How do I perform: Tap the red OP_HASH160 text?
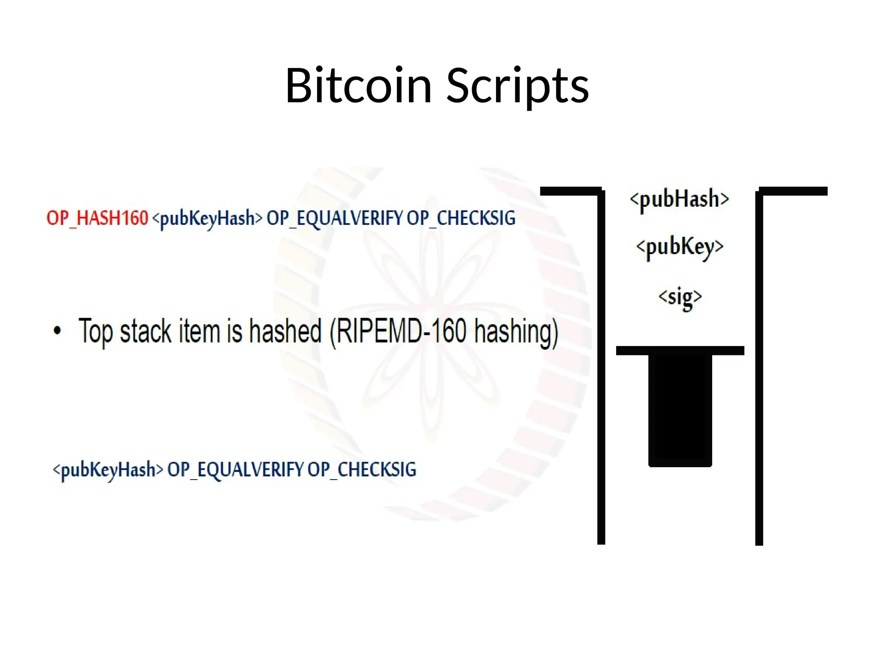(x=97, y=218)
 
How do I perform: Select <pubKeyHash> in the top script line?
(x=207, y=219)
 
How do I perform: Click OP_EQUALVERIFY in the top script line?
(x=335, y=218)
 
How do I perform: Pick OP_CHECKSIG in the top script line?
(x=461, y=218)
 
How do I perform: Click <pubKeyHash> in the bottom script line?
(x=108, y=470)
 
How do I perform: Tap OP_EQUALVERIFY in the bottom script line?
(x=235, y=470)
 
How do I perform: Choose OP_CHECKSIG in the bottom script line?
(x=361, y=470)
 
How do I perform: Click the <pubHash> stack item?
(x=679, y=199)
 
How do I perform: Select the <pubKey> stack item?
(x=680, y=247)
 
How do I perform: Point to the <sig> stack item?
(x=680, y=296)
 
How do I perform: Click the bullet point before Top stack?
(x=57, y=331)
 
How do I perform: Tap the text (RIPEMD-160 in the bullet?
(x=398, y=331)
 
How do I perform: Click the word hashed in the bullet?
(x=285, y=331)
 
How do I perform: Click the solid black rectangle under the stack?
(x=680, y=410)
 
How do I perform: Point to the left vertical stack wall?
(x=601, y=367)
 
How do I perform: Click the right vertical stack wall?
(x=759, y=367)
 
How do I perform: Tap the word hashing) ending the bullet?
(x=516, y=332)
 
